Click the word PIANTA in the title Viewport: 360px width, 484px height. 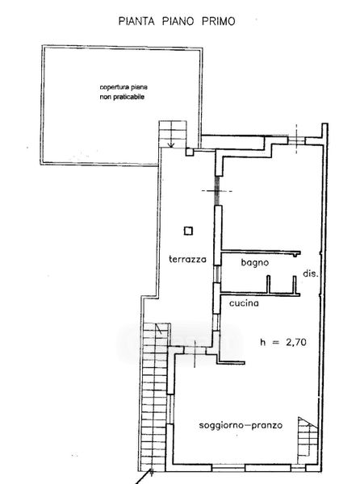(x=136, y=21)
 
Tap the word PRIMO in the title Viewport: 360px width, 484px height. (x=219, y=21)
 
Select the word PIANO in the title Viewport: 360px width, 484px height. (x=178, y=21)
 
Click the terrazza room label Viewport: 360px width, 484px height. (x=187, y=259)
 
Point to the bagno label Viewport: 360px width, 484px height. (x=255, y=263)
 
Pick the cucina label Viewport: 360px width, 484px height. (x=244, y=303)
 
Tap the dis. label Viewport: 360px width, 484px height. (x=310, y=273)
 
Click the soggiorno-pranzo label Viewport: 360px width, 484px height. (x=241, y=426)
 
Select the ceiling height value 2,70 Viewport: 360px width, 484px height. (x=296, y=342)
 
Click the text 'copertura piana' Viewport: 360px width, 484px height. (x=123, y=87)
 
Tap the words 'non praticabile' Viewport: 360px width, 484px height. (x=122, y=97)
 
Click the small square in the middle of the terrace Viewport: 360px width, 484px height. (x=188, y=231)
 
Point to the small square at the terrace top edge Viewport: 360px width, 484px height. (x=189, y=152)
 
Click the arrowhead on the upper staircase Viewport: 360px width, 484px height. (x=171, y=145)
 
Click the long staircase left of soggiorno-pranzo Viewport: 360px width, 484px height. (x=156, y=397)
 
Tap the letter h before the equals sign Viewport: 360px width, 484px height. (x=263, y=342)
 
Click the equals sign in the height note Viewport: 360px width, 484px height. (x=276, y=342)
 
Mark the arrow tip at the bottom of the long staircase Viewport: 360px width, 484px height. (x=152, y=470)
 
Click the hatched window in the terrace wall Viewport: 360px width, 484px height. (x=218, y=190)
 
